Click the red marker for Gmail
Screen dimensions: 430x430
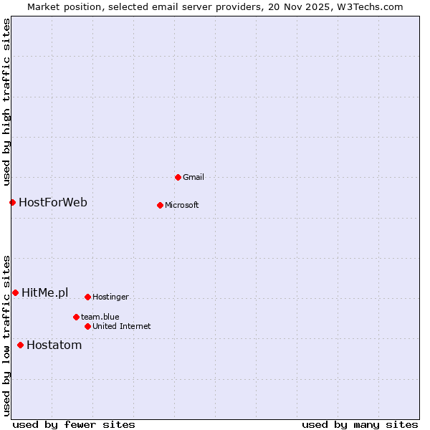pyautogui.click(x=178, y=177)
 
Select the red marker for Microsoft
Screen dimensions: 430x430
pyautogui.click(x=161, y=205)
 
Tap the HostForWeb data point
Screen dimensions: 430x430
pyautogui.click(x=12, y=202)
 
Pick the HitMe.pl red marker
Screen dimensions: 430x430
pyautogui.click(x=15, y=292)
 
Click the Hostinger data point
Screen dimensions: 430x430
pyautogui.click(x=87, y=297)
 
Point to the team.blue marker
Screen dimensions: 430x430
pyautogui.click(x=76, y=317)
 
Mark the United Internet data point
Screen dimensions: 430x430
pyautogui.click(x=87, y=326)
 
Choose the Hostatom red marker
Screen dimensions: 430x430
pyautogui.click(x=20, y=345)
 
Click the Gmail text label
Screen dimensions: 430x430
pyautogui.click(x=193, y=177)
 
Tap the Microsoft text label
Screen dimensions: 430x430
pyautogui.click(x=181, y=205)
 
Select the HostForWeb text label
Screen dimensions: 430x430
pyautogui.click(x=53, y=202)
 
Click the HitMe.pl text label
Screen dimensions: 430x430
pyautogui.click(x=45, y=292)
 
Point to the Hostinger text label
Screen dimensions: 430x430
pyautogui.click(x=110, y=297)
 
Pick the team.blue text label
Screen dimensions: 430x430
pyautogui.click(x=100, y=317)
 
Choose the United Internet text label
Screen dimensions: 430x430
pyautogui.click(x=121, y=326)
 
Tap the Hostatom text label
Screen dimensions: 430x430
pyautogui.click(x=54, y=345)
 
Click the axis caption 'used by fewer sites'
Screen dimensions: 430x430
pyautogui.click(x=74, y=424)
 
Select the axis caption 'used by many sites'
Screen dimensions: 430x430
pyautogui.click(x=360, y=424)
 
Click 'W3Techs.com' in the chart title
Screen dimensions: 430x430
pyautogui.click(x=369, y=6)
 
